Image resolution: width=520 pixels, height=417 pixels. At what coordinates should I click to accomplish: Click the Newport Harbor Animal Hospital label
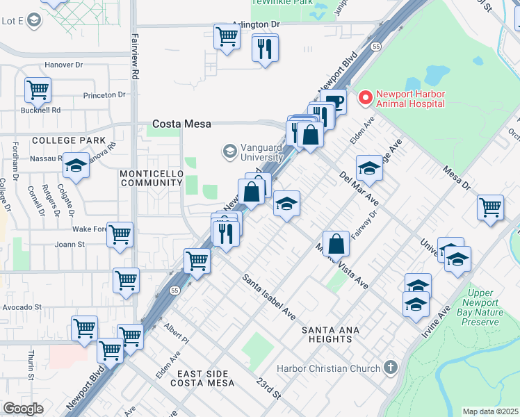409,99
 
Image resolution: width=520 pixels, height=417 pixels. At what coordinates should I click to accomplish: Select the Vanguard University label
253,152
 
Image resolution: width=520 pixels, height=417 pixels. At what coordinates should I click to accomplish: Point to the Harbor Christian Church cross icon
391,367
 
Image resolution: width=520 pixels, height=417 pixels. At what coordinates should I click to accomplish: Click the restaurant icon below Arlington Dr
264,48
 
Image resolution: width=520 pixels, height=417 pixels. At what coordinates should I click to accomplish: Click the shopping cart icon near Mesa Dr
490,206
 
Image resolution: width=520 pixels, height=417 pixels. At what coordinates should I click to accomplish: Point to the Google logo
23,409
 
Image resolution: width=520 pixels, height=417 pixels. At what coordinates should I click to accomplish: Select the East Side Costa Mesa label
202,379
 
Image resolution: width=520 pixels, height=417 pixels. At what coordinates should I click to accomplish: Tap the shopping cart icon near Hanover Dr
38,89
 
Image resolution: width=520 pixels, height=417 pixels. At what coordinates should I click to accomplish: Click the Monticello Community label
150,178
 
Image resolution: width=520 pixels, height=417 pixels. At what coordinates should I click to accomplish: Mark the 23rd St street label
267,389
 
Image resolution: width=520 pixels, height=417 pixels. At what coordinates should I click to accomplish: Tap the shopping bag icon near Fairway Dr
336,243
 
